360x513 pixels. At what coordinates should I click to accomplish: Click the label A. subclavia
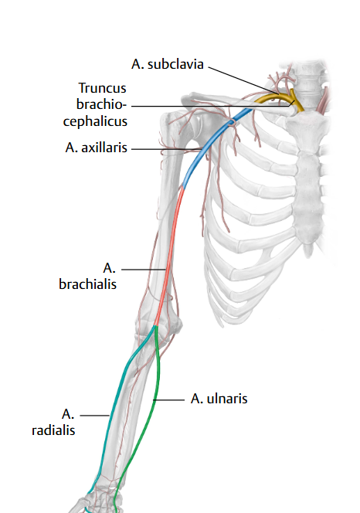click(167, 64)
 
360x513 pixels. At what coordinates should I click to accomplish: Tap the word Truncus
click(102, 88)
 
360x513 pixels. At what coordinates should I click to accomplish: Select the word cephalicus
click(95, 121)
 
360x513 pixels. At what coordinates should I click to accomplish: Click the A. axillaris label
click(96, 148)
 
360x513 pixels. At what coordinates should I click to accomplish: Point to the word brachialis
click(87, 284)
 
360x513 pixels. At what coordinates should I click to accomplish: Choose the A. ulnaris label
click(219, 399)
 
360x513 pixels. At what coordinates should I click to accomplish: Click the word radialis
click(53, 430)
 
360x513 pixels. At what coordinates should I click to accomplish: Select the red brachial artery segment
click(169, 255)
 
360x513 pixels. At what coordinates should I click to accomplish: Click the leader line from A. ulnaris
click(169, 399)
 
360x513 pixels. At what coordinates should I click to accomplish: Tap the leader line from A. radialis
click(94, 416)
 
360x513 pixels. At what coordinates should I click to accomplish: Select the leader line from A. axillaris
click(166, 149)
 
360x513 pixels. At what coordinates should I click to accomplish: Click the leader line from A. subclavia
click(243, 81)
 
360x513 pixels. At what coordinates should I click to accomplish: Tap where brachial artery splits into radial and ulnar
click(156, 326)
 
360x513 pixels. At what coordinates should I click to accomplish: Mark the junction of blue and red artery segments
click(182, 188)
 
